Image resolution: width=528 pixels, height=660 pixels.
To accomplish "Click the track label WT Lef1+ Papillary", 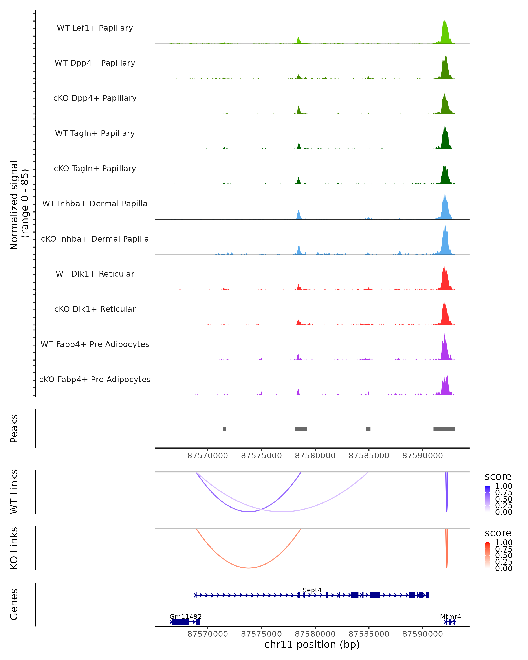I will pyautogui.click(x=95, y=28).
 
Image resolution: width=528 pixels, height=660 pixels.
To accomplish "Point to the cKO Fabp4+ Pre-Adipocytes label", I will pyautogui.click(x=95, y=379).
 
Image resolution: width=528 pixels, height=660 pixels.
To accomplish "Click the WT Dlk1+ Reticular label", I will pyautogui.click(x=95, y=274).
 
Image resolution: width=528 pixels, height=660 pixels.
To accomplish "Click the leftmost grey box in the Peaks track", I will pyautogui.click(x=225, y=429).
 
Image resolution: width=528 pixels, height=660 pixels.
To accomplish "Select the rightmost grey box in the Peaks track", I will pyautogui.click(x=444, y=429).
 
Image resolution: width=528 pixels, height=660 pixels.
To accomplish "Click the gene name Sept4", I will pyautogui.click(x=312, y=590).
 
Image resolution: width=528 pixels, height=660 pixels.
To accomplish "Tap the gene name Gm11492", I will pyautogui.click(x=185, y=616).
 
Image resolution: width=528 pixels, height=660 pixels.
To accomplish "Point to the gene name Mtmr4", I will pyautogui.click(x=450, y=616).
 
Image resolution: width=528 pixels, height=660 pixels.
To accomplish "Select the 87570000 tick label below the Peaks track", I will pyautogui.click(x=207, y=456).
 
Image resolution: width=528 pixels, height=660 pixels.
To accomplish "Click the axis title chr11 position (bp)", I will pyautogui.click(x=312, y=645).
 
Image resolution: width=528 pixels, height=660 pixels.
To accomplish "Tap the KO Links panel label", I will pyautogui.click(x=14, y=548).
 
